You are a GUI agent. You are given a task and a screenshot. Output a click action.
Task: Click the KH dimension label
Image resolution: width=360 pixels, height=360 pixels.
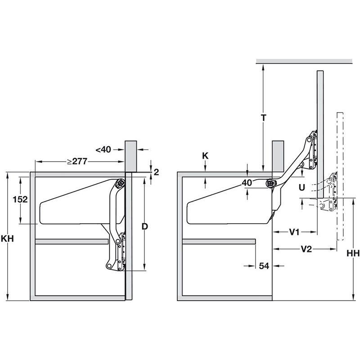tap(7, 239)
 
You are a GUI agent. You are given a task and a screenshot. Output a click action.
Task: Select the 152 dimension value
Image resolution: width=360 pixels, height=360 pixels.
tap(20, 199)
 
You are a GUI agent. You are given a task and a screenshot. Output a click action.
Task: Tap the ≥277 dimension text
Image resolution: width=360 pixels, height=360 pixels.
tap(77, 162)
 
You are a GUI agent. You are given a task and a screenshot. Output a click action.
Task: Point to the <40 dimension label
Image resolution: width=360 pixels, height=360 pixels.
tap(103, 150)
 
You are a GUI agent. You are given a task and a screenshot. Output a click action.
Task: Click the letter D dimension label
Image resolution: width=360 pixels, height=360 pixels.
tap(144, 227)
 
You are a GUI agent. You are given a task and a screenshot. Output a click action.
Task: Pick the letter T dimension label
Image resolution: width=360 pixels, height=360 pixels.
tap(264, 118)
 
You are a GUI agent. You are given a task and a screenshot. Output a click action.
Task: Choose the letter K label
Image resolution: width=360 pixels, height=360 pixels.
tap(205, 156)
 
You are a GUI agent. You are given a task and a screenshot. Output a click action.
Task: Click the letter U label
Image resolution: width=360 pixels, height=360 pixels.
tap(302, 188)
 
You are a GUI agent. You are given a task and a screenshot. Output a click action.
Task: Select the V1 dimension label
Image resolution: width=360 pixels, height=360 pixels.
tap(294, 232)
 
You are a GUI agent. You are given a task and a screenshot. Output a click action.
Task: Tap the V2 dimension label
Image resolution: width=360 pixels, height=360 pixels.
tap(306, 249)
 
